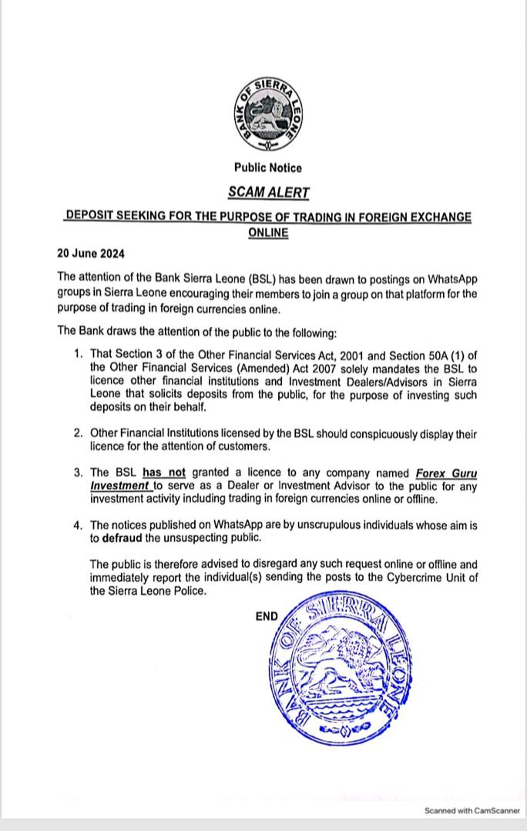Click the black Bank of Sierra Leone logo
coord(267,112)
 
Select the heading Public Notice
coord(268,168)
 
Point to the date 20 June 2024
coord(91,253)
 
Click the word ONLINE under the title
coord(268,232)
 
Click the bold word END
coord(267,616)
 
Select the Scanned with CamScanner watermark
coord(472,811)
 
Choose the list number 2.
coord(78,433)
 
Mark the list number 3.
coord(78,472)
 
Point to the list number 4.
coord(78,526)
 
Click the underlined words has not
coord(164,472)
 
